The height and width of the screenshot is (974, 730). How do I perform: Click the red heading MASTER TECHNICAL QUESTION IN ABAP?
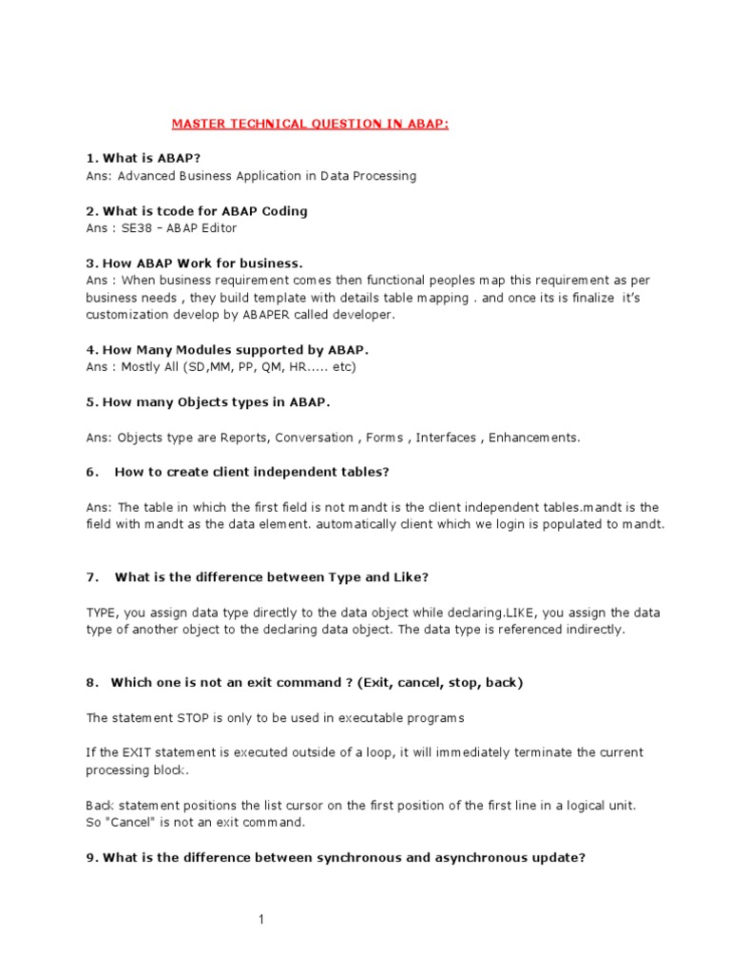click(310, 124)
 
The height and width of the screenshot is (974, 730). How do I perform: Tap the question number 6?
click(91, 473)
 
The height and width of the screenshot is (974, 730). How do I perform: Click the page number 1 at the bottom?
click(260, 919)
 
